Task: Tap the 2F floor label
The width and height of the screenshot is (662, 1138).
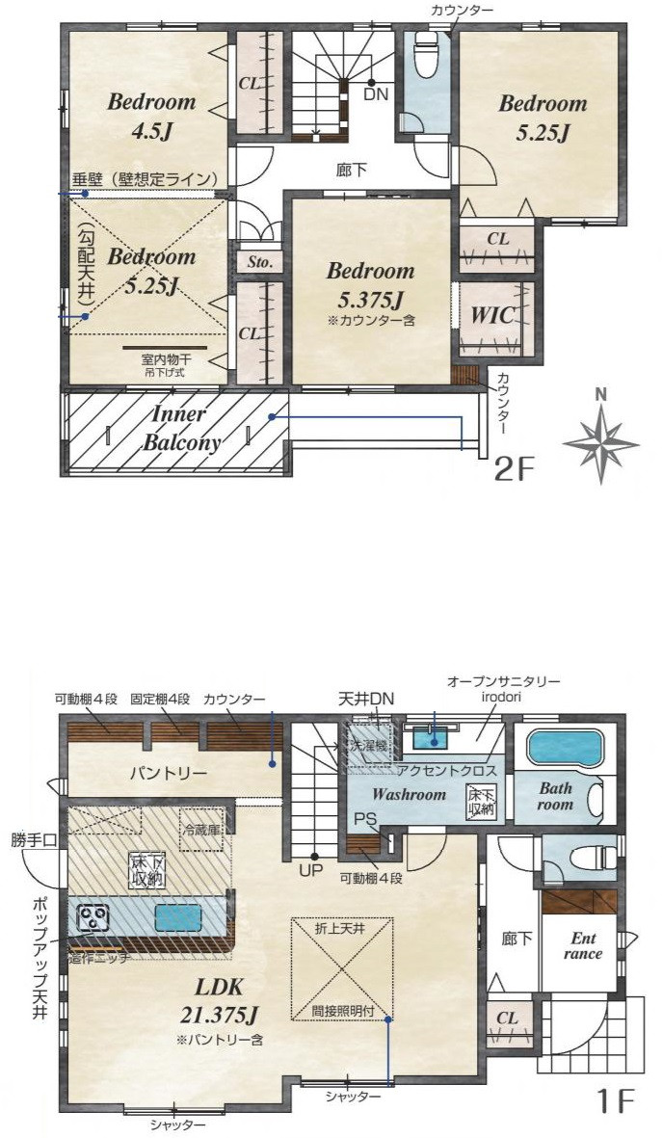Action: [513, 470]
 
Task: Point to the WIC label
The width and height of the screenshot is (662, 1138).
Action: [491, 315]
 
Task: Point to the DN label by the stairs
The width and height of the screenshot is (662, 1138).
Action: [375, 94]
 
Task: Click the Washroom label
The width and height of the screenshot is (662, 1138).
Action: [410, 795]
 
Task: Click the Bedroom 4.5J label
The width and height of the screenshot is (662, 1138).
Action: [151, 114]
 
